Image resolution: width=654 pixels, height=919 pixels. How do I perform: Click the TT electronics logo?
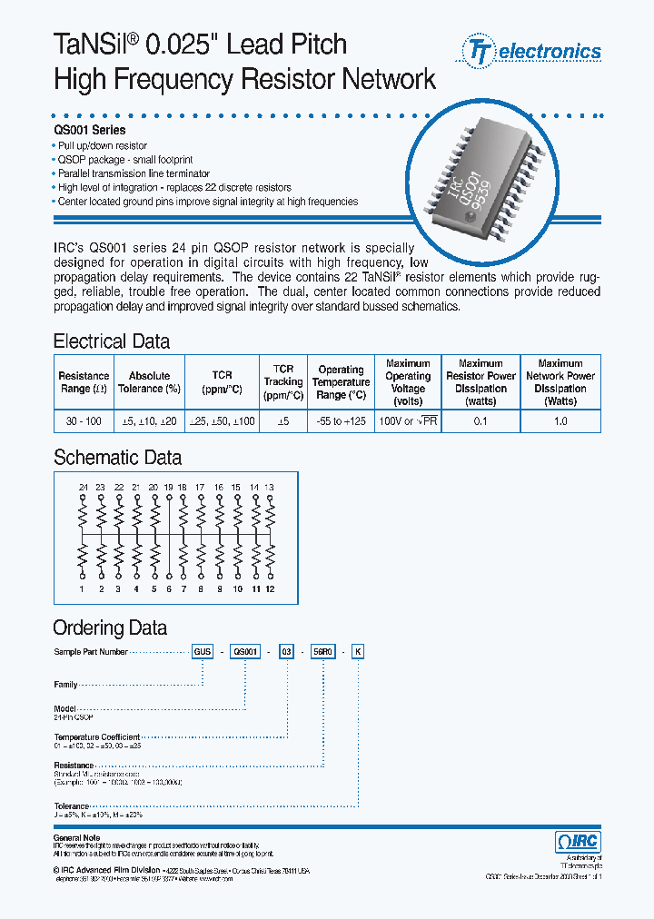[x=532, y=52]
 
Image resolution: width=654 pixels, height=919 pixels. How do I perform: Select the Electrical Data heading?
[x=112, y=342]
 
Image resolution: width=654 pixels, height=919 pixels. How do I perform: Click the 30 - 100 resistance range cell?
[x=84, y=421]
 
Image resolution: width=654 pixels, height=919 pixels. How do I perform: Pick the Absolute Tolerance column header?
[x=149, y=382]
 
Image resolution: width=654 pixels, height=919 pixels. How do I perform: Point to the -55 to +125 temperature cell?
[x=341, y=421]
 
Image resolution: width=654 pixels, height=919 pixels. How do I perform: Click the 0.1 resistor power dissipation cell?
[x=481, y=421]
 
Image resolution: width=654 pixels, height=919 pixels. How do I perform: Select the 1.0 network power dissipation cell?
[x=560, y=421]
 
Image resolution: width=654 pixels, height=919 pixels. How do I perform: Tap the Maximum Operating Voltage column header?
[x=408, y=382]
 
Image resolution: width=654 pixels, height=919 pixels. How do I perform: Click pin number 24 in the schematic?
[x=84, y=488]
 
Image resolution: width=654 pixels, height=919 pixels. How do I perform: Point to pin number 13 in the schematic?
[x=270, y=488]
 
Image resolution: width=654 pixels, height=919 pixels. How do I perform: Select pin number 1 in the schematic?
[x=84, y=589]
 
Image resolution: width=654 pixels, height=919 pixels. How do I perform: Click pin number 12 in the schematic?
[x=270, y=589]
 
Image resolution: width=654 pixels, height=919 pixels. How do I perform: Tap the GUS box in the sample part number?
[x=202, y=652]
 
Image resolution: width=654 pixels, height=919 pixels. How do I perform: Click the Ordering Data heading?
[x=110, y=628]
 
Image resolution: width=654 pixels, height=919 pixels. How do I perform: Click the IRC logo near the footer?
[x=577, y=842]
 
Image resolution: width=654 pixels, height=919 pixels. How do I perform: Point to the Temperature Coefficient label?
[x=97, y=736]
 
